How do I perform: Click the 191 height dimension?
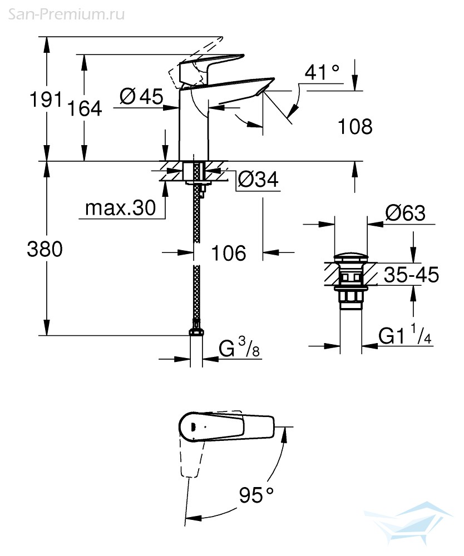click(46, 99)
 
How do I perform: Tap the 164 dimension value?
click(85, 108)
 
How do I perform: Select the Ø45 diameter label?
click(141, 96)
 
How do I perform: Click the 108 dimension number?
click(355, 127)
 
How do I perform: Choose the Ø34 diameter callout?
click(258, 179)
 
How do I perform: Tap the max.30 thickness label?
click(120, 207)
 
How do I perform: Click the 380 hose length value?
click(45, 249)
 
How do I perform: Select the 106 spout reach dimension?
click(229, 253)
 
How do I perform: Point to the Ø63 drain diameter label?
click(405, 213)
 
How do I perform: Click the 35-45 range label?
click(412, 275)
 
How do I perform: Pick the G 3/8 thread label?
click(239, 347)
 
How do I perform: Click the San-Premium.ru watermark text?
click(66, 14)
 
